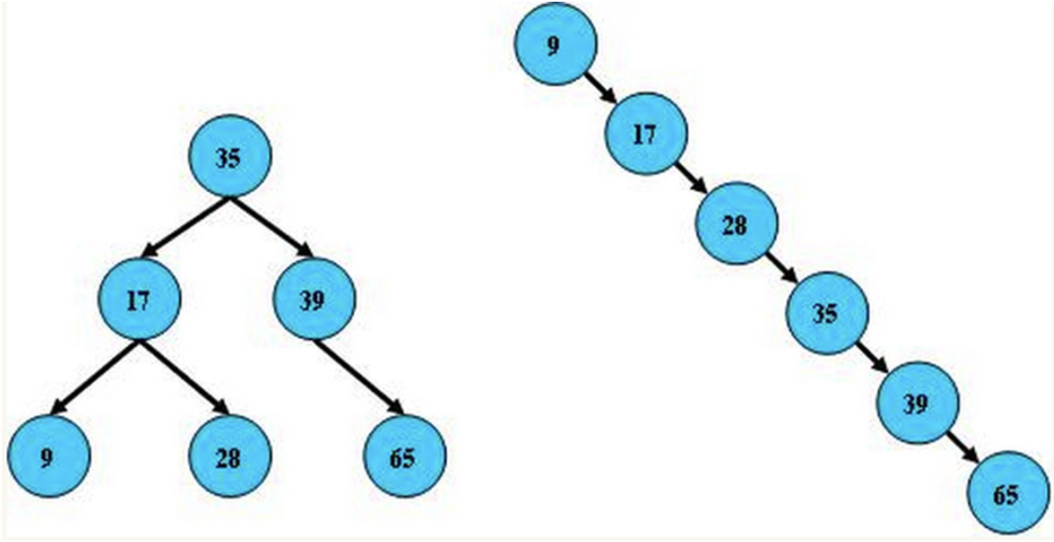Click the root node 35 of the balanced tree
tap(229, 158)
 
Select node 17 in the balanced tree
tap(139, 300)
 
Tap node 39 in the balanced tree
tap(315, 299)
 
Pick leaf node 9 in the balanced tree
tap(49, 456)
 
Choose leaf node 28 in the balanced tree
tap(229, 456)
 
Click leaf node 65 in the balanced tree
tap(404, 456)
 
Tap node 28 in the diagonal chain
tap(736, 224)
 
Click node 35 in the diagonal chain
tap(825, 313)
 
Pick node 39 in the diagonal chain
tap(917, 404)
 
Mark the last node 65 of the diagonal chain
tap(1007, 495)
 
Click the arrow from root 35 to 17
tap(186, 228)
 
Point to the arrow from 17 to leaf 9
tap(96, 376)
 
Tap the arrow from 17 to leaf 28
tap(184, 376)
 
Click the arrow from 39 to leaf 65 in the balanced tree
tap(359, 376)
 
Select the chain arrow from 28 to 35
tap(781, 269)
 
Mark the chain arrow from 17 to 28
tap(691, 180)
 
